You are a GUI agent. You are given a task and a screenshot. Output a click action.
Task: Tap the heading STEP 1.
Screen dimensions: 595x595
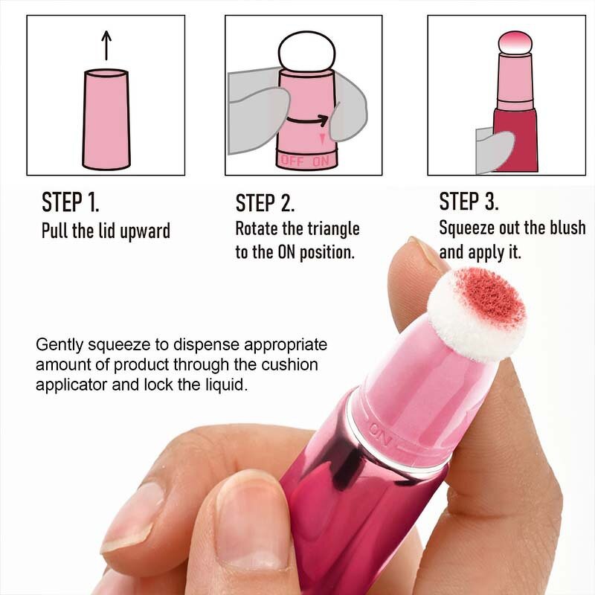point(70,202)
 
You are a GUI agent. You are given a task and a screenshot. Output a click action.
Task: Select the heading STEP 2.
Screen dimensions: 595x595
point(265,203)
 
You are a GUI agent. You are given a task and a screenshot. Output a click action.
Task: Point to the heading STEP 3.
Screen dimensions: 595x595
point(469,202)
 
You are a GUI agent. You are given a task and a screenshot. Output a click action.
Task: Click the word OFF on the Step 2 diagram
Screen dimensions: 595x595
point(292,160)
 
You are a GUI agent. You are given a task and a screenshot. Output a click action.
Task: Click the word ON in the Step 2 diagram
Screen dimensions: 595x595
point(321,160)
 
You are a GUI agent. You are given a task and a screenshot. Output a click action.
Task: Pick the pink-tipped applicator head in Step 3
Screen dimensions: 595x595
point(511,42)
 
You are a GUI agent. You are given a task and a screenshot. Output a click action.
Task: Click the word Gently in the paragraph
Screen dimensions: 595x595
point(57,347)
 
